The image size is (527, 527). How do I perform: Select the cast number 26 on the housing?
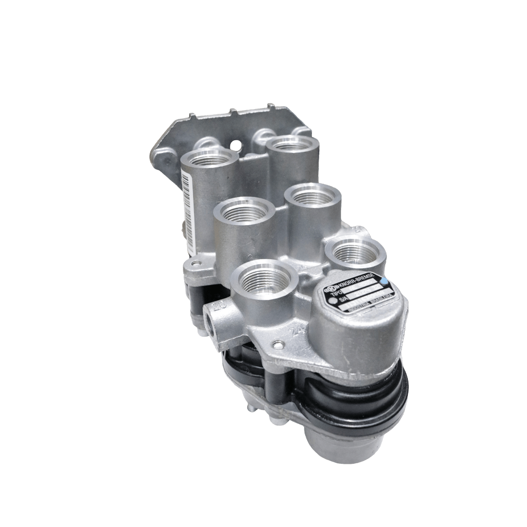point(218,304)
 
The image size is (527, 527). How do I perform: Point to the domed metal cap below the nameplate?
point(364,337)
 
